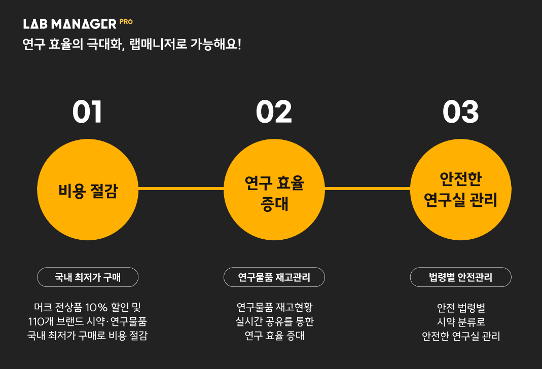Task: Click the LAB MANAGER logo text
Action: [70, 24]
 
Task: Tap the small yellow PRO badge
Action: [126, 22]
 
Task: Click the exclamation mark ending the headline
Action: [239, 44]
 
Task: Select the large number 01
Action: [87, 113]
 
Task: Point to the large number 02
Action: [274, 113]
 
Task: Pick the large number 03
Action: [460, 113]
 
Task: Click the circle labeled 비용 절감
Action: [88, 190]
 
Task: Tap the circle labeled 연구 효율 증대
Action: [274, 190]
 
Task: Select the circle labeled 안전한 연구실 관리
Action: [460, 190]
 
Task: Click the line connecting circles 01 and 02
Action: [181, 189]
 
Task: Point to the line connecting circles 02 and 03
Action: [367, 189]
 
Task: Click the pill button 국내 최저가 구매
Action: [88, 277]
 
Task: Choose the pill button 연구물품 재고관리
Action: [274, 277]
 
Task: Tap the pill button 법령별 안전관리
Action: [460, 277]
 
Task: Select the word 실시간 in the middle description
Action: [247, 321]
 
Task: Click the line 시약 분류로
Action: [461, 321]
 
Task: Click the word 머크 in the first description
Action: [41, 307]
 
